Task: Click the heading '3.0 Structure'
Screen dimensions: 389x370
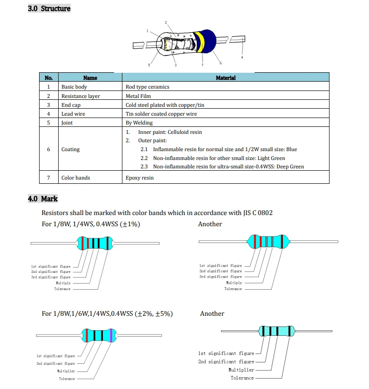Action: click(49, 9)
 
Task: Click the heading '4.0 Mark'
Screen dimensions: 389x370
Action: click(43, 199)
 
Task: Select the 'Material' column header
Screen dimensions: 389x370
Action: click(226, 78)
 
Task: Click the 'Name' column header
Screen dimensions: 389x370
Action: click(90, 78)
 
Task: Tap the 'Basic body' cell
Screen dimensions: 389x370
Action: click(74, 87)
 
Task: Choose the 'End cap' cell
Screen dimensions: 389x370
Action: click(71, 105)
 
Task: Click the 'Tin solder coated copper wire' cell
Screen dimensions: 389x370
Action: click(161, 114)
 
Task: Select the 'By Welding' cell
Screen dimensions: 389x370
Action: click(139, 123)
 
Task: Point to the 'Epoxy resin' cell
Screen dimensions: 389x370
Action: click(140, 178)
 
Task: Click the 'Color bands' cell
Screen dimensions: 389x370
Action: click(75, 178)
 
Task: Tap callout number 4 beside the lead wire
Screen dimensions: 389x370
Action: click(242, 57)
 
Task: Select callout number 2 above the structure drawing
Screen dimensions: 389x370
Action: click(166, 23)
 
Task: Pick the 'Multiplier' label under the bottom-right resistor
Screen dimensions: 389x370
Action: click(241, 370)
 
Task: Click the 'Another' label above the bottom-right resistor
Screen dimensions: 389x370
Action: click(212, 313)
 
